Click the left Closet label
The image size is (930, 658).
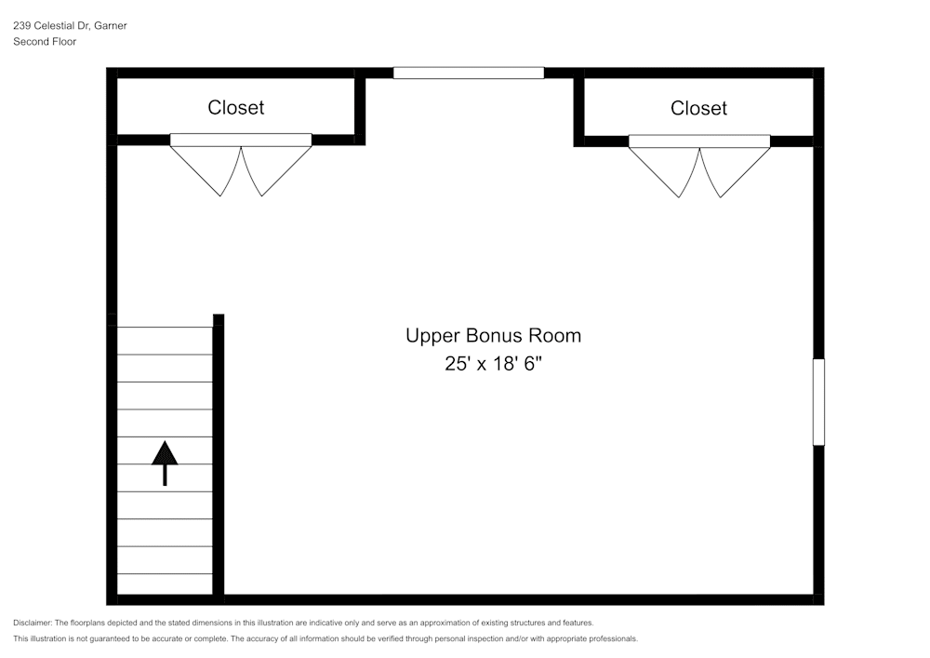click(235, 107)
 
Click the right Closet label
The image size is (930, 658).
click(698, 108)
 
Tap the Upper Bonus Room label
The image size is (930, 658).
click(494, 335)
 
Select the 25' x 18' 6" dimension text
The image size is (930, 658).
click(494, 363)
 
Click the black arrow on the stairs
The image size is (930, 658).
click(165, 463)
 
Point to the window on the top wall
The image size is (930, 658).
click(469, 73)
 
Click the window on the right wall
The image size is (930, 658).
click(818, 402)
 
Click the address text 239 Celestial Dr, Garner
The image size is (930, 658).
click(70, 25)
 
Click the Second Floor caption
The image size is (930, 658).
click(45, 42)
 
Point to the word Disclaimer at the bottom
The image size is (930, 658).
click(32, 623)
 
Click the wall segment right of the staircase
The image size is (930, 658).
click(219, 454)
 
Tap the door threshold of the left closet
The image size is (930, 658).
click(241, 140)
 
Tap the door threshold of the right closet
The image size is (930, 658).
click(699, 141)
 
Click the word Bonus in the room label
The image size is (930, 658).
click(494, 335)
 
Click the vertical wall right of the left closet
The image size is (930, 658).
click(360, 107)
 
